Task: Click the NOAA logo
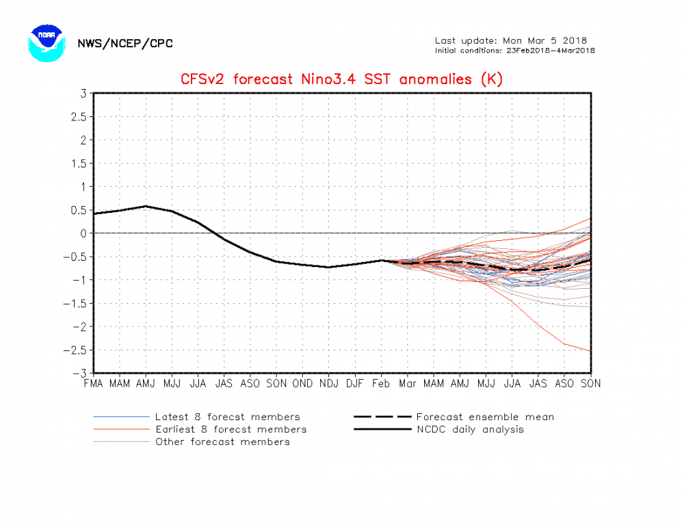pyautogui.click(x=46, y=43)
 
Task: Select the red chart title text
pyautogui.click(x=341, y=79)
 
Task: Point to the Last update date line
pyautogui.click(x=511, y=40)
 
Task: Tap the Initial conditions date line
pyautogui.click(x=514, y=50)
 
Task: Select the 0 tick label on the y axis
pyautogui.click(x=83, y=233)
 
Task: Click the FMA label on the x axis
pyautogui.click(x=94, y=384)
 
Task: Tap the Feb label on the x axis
pyautogui.click(x=381, y=384)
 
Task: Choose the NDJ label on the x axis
pyautogui.click(x=329, y=384)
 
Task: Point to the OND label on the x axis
pyautogui.click(x=302, y=384)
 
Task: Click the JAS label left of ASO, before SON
pyautogui.click(x=224, y=384)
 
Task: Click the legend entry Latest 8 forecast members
pyautogui.click(x=227, y=417)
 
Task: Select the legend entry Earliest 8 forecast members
pyautogui.click(x=231, y=429)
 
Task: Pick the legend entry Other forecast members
pyautogui.click(x=222, y=441)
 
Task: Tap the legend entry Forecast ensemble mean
pyautogui.click(x=485, y=417)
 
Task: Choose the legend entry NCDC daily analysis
pyautogui.click(x=470, y=429)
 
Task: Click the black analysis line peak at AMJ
pyautogui.click(x=146, y=206)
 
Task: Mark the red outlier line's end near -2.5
pyautogui.click(x=590, y=351)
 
